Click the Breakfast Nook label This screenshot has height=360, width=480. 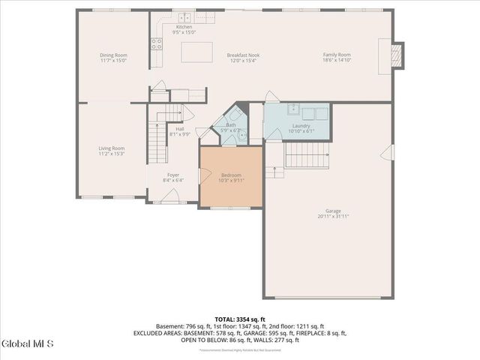[243, 55]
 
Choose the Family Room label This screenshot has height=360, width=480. [337, 55]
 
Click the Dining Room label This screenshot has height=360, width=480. [114, 55]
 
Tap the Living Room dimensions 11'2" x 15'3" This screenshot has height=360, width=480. [112, 154]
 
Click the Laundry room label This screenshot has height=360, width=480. [301, 126]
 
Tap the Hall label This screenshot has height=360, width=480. [180, 129]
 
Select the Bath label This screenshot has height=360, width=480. [231, 126]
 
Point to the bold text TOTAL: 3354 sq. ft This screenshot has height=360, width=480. [239, 319]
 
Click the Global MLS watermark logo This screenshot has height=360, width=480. [28, 344]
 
